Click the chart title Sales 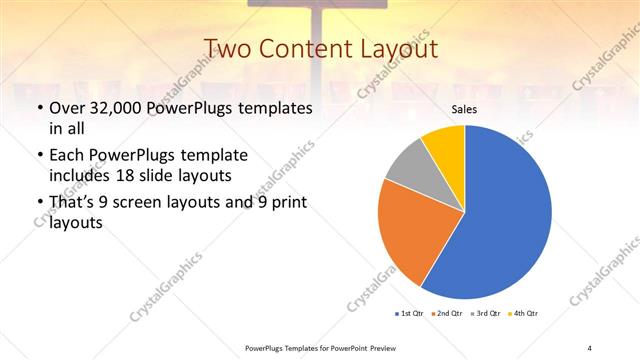465,110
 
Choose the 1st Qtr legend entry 410,314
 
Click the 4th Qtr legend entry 526,314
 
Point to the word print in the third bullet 287,204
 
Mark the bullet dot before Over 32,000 39,108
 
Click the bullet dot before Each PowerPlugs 39,156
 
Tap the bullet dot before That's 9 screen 39,204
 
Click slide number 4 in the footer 589,347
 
